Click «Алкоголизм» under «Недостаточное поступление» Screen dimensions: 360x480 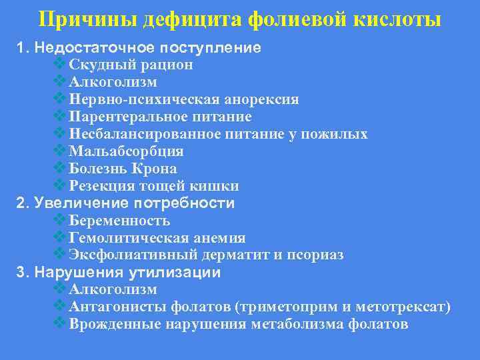pyautogui.click(x=113, y=82)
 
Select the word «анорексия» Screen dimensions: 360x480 pyautogui.click(x=263, y=100)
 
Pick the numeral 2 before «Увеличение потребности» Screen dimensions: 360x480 pyautogui.click(x=20, y=203)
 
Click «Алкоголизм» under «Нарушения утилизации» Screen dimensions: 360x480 pyautogui.click(x=113, y=290)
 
